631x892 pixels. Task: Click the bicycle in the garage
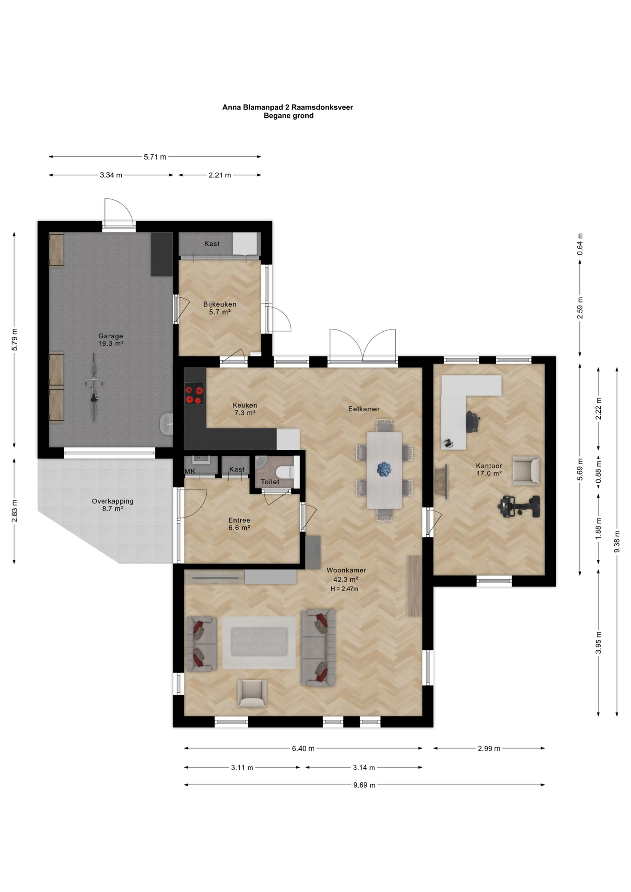click(x=94, y=387)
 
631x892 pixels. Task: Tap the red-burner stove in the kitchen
click(x=194, y=393)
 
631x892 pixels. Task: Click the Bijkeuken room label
click(x=220, y=304)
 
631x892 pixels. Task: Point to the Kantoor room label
click(x=489, y=466)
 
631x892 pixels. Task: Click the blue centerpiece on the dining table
click(x=384, y=469)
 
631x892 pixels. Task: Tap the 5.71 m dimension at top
click(x=155, y=157)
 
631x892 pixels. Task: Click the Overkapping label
click(x=112, y=501)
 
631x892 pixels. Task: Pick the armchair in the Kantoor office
click(x=526, y=471)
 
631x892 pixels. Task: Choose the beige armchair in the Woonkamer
click(x=252, y=694)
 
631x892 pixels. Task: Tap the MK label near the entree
click(x=190, y=471)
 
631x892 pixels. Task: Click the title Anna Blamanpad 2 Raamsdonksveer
click(x=288, y=107)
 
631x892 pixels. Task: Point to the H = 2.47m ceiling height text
click(x=344, y=589)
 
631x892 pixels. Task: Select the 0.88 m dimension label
click(x=598, y=472)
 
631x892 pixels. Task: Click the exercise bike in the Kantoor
click(x=519, y=506)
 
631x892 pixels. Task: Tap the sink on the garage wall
click(x=166, y=424)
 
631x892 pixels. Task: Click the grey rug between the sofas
click(x=259, y=643)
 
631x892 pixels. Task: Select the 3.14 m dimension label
click(x=364, y=767)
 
